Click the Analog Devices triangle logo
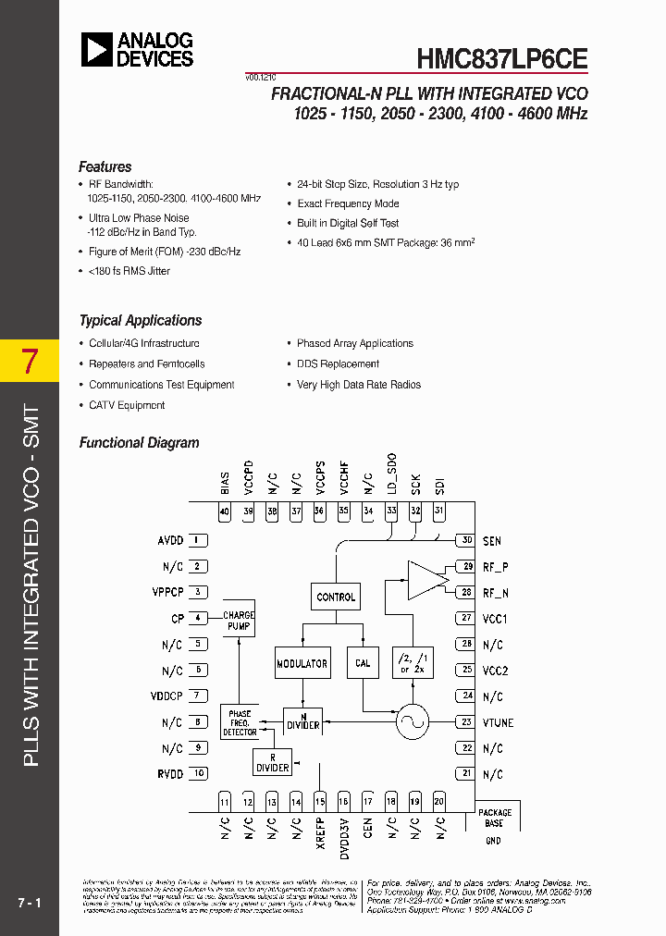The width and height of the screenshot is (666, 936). [96, 49]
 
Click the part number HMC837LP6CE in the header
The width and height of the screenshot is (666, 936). [502, 57]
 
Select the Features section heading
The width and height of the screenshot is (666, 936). [105, 166]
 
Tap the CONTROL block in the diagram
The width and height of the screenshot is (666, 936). [336, 597]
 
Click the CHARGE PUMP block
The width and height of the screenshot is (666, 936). [239, 621]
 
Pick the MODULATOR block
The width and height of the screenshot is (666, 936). [302, 663]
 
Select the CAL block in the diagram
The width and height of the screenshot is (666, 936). [363, 663]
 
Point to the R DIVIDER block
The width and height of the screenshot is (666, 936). [272, 762]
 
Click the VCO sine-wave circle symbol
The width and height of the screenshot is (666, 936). [412, 722]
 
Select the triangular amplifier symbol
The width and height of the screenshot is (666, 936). [426, 579]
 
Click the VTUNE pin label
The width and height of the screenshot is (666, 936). [499, 722]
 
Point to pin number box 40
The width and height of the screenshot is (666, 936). [224, 511]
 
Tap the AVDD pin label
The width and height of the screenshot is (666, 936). [170, 540]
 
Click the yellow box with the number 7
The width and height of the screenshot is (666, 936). [30, 362]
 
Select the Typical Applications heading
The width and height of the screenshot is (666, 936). [141, 320]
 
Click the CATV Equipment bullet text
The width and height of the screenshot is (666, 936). [127, 405]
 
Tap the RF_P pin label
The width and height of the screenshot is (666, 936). [496, 566]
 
